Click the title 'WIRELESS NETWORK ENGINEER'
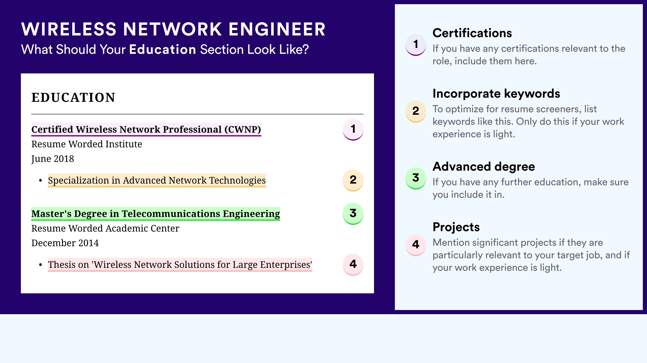[x=173, y=29]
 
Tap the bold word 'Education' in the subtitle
[x=163, y=49]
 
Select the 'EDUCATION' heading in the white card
[x=73, y=97]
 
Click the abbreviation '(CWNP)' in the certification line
[x=243, y=130]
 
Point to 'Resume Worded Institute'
[x=87, y=144]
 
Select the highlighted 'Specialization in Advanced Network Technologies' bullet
[x=157, y=180]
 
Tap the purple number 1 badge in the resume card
[x=353, y=129]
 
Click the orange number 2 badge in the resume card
[x=353, y=180]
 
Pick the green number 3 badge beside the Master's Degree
[x=353, y=214]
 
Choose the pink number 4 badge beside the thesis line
[x=353, y=265]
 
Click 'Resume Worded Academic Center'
[x=105, y=228]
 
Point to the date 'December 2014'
[x=65, y=243]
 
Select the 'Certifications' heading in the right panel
[x=472, y=33]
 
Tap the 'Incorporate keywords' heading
[x=496, y=94]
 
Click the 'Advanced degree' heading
[x=484, y=166]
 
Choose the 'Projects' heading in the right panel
[x=456, y=227]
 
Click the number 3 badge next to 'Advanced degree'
[x=416, y=178]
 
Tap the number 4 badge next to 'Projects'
[x=416, y=245]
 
